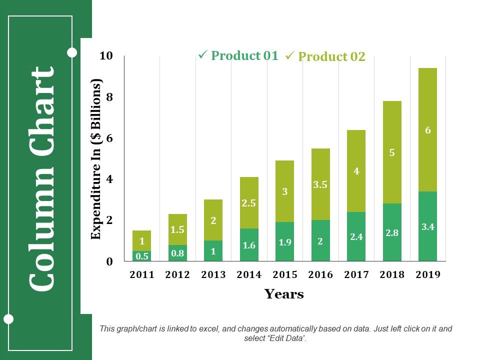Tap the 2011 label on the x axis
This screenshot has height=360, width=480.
point(142,274)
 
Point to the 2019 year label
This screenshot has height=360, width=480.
point(427,274)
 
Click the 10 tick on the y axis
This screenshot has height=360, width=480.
point(106,55)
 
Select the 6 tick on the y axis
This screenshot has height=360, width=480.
point(109,138)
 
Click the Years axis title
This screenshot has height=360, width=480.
point(284,294)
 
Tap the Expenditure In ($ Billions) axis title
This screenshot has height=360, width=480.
point(96,159)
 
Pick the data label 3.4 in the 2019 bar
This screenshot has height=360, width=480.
point(427,227)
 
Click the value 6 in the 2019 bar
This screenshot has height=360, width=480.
point(427,130)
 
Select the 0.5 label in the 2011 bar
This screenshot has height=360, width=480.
point(142,256)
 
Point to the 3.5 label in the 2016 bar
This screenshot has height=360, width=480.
point(320,184)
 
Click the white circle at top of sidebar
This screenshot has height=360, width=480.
point(72,52)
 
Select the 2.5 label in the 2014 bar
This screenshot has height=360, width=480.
point(249,203)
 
